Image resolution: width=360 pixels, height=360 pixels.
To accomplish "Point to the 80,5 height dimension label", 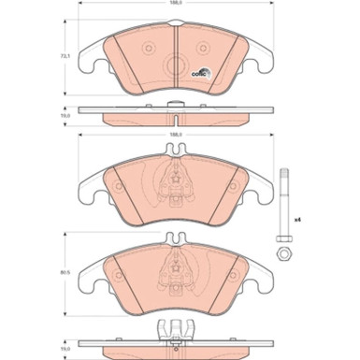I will pyautogui.click(x=65, y=273).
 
